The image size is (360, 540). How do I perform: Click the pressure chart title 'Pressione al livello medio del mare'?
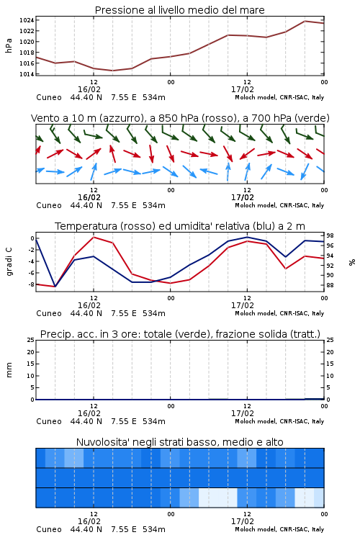[179, 10]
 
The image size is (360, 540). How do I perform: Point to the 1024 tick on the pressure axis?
[27, 20]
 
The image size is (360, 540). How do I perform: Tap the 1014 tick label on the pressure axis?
[27, 74]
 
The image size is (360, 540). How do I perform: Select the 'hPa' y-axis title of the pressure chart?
[9, 45]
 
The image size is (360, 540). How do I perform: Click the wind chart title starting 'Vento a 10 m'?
[180, 118]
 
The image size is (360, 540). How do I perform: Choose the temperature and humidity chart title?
[180, 226]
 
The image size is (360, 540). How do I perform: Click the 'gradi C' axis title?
[9, 261]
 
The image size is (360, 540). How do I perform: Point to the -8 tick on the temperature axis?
[31, 284]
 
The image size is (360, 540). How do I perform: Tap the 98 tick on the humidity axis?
[330, 235]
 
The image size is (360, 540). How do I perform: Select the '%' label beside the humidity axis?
[352, 262]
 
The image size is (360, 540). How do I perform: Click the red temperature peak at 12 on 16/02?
[94, 237]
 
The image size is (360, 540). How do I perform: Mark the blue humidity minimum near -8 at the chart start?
[55, 287]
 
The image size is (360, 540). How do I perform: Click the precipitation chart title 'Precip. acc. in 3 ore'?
[180, 334]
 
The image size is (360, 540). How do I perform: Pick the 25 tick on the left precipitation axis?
[31, 340]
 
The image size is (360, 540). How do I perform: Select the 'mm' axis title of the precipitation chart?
[9, 370]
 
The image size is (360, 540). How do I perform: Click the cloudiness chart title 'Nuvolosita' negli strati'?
[179, 442]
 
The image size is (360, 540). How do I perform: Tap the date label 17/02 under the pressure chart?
[243, 89]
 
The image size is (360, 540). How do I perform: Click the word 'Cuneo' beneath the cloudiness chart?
[49, 529]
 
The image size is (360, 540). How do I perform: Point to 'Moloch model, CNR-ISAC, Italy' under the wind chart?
[279, 205]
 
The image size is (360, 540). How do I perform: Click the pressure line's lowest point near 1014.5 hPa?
[112, 71]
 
